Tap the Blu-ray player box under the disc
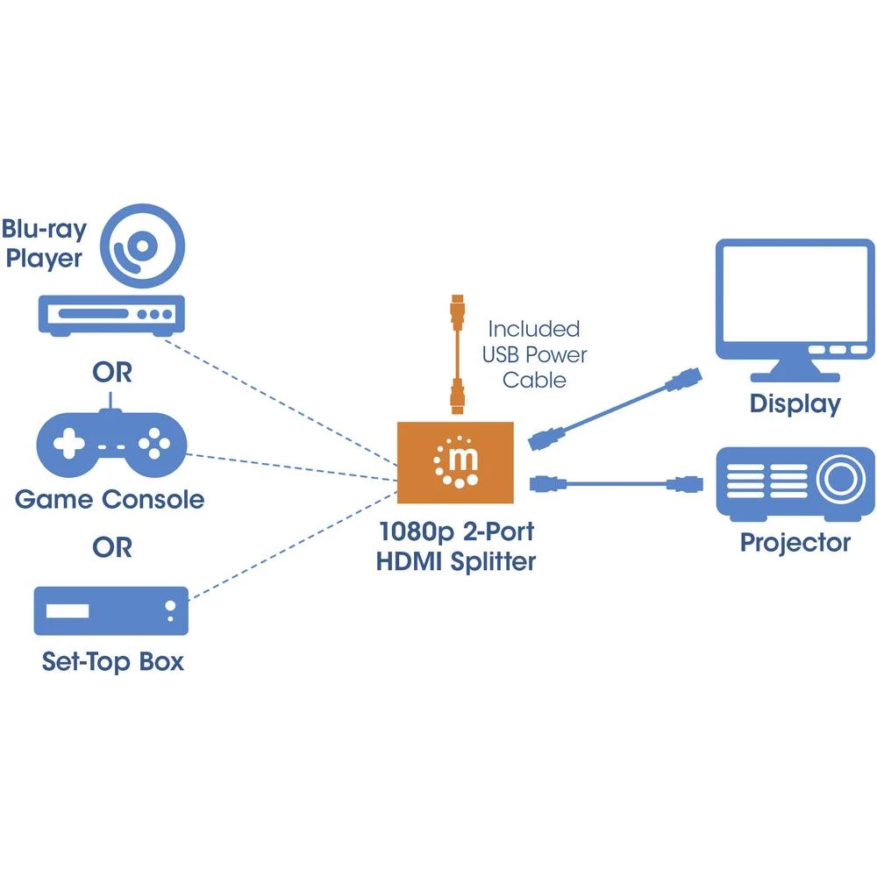[111, 313]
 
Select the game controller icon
[110, 443]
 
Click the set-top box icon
[111, 610]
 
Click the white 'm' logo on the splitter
[456, 460]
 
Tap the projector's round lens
[838, 481]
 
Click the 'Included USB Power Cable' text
[534, 354]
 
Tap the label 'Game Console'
[110, 500]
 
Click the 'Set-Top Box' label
[113, 660]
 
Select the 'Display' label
[795, 404]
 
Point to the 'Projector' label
[795, 542]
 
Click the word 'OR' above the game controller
[112, 372]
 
